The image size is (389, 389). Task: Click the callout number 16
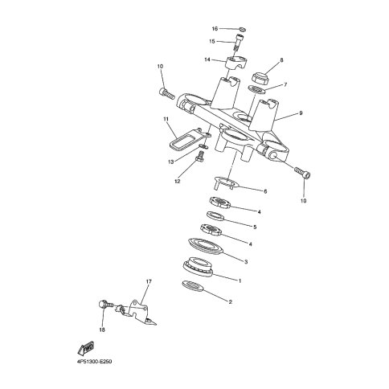click(x=215, y=28)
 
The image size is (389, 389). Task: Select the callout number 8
click(x=281, y=60)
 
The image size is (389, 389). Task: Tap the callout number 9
click(x=301, y=113)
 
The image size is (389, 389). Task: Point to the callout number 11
click(x=166, y=119)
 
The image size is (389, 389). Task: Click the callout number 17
click(x=149, y=281)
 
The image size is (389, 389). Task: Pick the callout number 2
click(x=230, y=301)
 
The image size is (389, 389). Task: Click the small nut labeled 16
click(x=243, y=29)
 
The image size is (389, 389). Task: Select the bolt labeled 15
click(x=240, y=42)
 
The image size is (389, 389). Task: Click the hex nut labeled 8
click(x=260, y=77)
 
